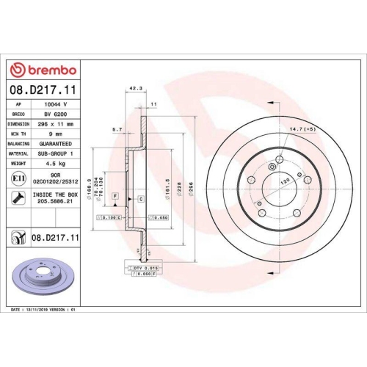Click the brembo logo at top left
46,70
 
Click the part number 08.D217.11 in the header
46,90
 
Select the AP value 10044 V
56,105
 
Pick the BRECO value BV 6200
57,115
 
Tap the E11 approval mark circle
16,178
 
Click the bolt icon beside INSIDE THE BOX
16,197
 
